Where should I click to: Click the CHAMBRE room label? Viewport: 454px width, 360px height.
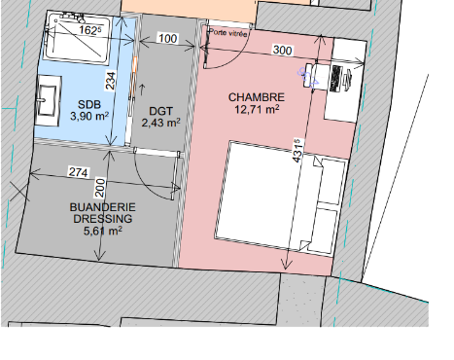pos(257,97)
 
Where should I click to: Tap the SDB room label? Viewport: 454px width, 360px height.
pos(89,104)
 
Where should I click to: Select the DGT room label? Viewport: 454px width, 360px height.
pos(160,111)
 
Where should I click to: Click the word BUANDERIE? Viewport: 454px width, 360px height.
pos(103,207)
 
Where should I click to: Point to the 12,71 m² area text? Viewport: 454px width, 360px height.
pos(257,109)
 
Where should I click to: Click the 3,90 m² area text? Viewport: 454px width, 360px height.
pos(89,116)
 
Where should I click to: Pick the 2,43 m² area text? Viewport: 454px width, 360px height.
pos(161,123)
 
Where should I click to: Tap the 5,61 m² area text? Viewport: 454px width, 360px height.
pos(103,231)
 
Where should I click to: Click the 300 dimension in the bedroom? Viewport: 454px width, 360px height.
pos(283,50)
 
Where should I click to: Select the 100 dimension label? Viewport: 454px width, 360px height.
pos(168,38)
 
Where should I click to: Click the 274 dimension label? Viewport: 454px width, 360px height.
pos(79,172)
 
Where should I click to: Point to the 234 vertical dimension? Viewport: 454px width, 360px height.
pos(111,81)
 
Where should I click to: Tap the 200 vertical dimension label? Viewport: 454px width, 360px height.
pos(100,188)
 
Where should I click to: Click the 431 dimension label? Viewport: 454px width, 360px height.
pos(297,150)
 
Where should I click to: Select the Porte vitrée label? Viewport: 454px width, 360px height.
pos(228,32)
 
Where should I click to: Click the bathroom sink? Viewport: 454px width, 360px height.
pos(49,100)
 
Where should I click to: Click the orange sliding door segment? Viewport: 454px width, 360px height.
pos(134,68)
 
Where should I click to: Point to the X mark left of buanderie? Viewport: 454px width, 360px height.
pos(19,191)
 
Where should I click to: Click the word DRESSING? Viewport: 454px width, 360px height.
pos(103,219)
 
